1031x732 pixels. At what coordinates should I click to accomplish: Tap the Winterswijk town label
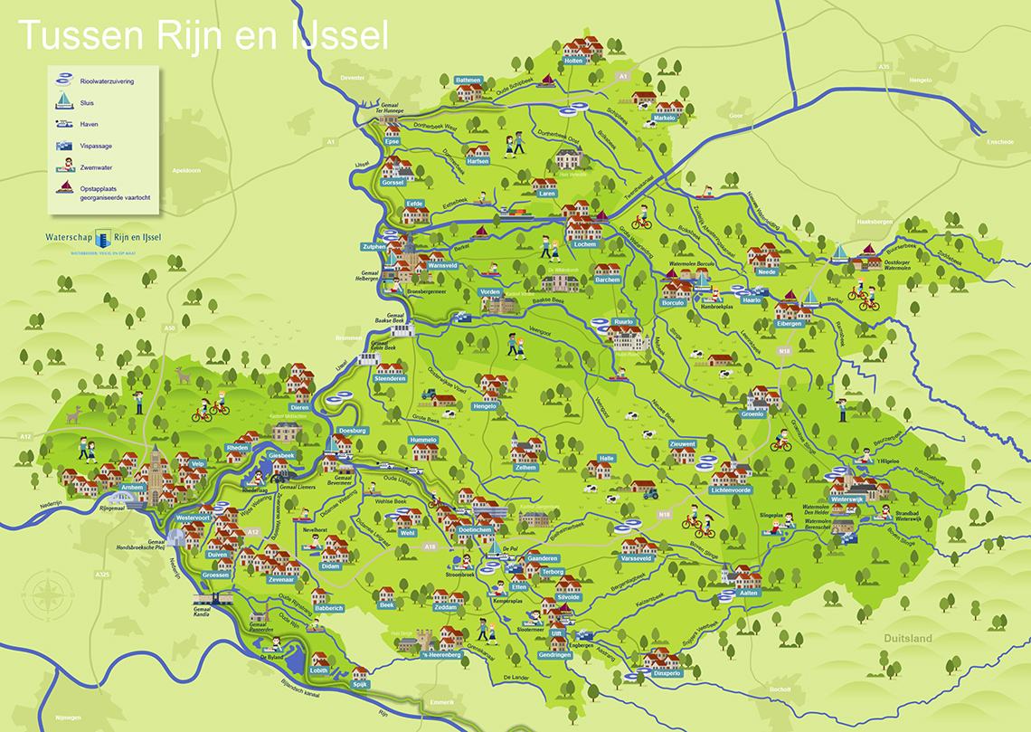tap(847, 499)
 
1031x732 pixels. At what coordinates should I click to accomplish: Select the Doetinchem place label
tap(475, 528)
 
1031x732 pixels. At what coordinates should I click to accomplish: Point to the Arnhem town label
tap(133, 486)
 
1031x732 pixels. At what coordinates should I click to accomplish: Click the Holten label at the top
tap(573, 61)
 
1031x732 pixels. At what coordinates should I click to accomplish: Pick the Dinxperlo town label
tap(660, 673)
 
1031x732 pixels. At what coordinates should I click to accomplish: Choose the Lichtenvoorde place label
tap(732, 489)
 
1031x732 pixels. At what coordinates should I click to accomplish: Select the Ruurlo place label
tap(624, 321)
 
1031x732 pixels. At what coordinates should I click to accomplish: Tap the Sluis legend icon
tap(64, 101)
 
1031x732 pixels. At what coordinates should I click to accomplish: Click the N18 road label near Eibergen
tap(783, 349)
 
